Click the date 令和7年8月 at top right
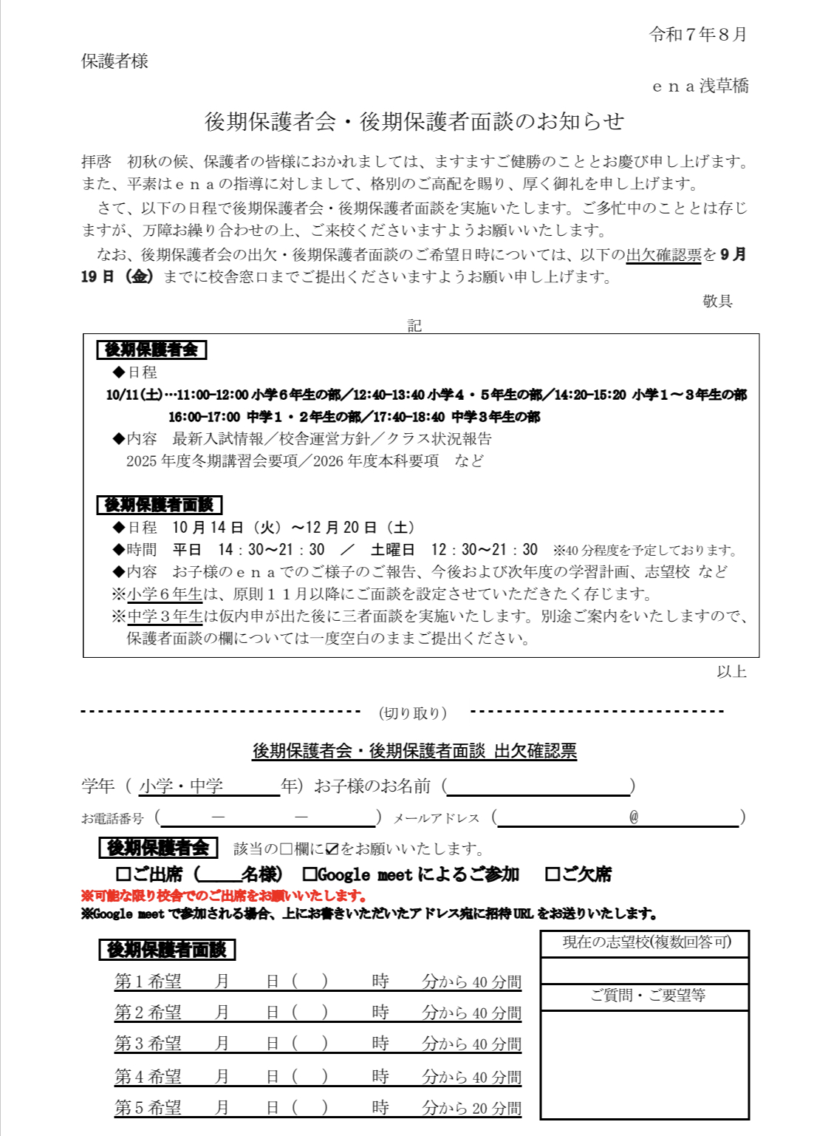(697, 35)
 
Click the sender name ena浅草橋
(700, 86)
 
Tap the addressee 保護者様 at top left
(114, 61)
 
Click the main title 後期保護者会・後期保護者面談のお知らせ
(414, 122)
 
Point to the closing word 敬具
(717, 301)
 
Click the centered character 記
(414, 325)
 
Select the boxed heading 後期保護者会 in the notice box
(151, 350)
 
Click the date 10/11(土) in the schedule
(134, 395)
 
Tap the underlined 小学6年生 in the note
(165, 594)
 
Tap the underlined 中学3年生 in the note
(165, 616)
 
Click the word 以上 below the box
(731, 672)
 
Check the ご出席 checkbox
(123, 874)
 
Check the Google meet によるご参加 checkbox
(310, 874)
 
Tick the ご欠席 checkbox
(552, 874)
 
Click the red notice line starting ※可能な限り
(224, 896)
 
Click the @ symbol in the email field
(633, 817)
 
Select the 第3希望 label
(148, 1044)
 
